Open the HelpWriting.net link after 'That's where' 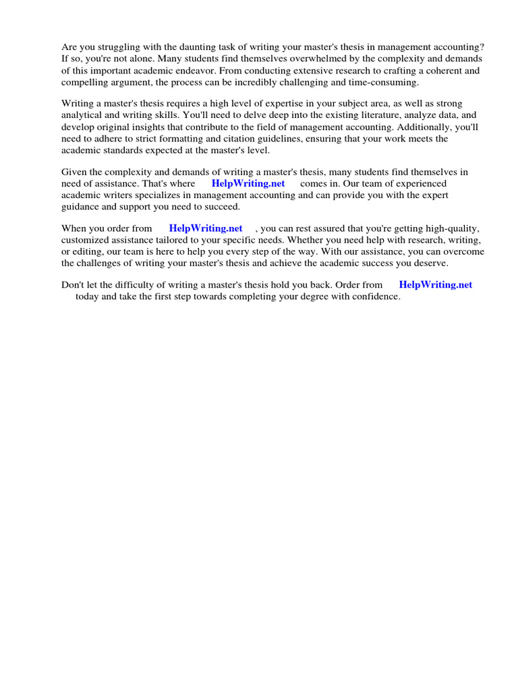coord(248,183)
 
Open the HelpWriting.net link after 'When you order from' coord(206,228)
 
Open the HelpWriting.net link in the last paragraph coord(436,285)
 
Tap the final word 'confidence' coord(377,296)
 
